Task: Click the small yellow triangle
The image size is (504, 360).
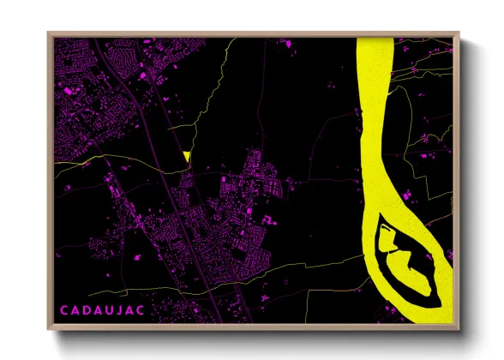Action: pyautogui.click(x=186, y=156)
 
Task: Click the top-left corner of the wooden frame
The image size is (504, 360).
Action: pyautogui.click(x=47, y=33)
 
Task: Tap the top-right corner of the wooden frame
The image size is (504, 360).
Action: pyautogui.click(x=459, y=33)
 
